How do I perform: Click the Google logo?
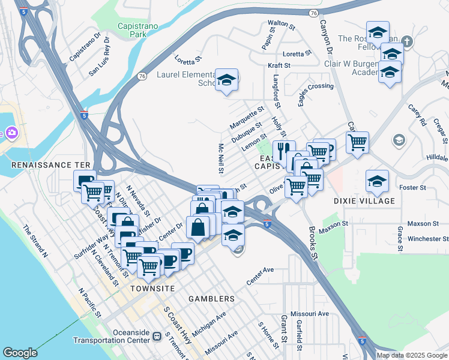pos(20,353)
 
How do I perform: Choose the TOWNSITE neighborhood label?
pos(152,289)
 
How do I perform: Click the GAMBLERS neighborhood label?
pos(211,299)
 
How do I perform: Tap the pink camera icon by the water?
pos(11,133)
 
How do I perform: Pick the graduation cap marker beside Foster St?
pos(377,181)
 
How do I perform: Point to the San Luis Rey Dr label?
pos(100,61)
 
